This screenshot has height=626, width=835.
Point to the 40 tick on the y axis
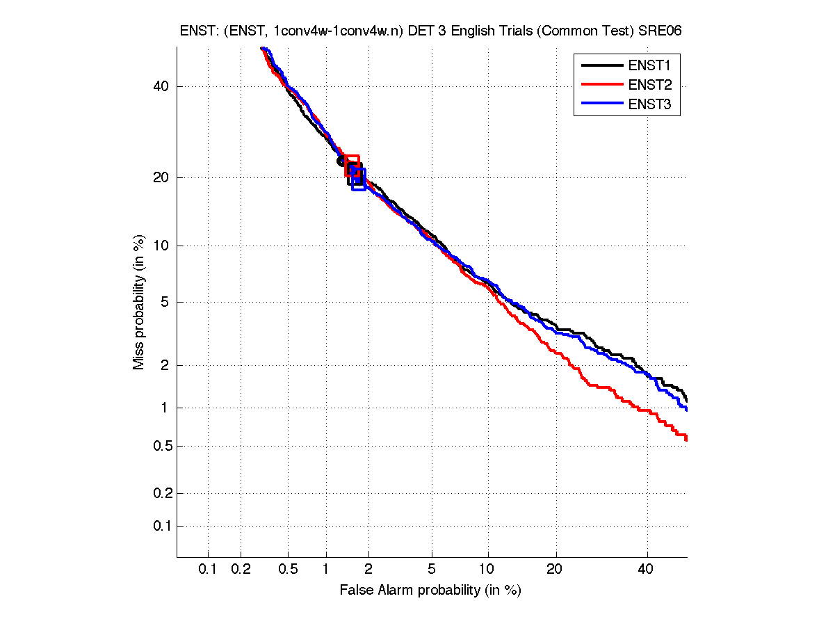pos(161,86)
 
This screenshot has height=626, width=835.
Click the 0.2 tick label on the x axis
pos(241,570)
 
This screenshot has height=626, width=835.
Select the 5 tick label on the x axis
pos(432,570)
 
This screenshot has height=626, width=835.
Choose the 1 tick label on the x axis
pos(326,570)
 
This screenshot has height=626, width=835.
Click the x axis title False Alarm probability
pos(430,590)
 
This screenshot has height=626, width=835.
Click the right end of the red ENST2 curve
pos(686,438)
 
